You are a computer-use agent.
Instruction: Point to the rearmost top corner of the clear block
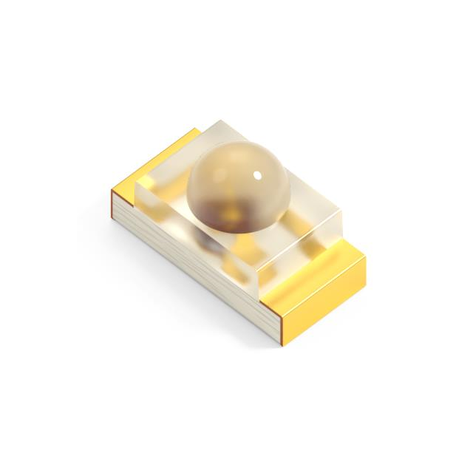222,120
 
